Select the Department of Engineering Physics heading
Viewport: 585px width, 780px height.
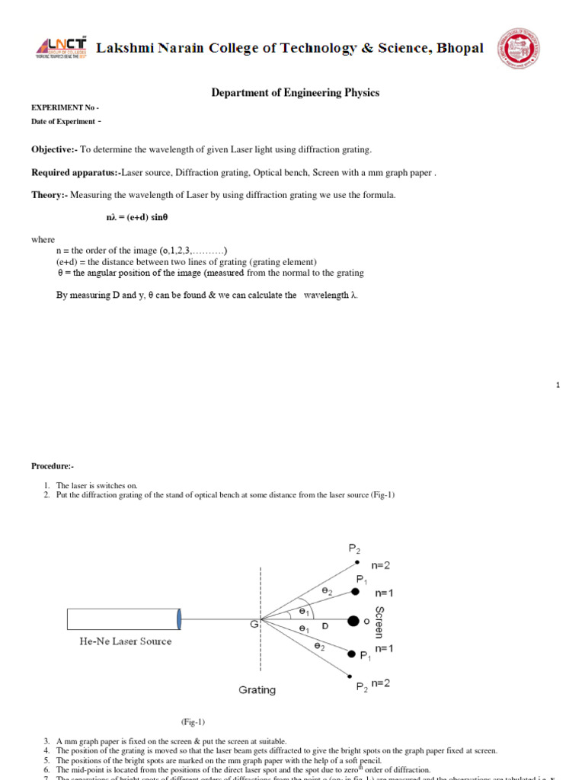[295, 93]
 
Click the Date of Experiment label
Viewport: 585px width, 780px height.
[64, 122]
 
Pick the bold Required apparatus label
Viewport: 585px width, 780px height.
[74, 172]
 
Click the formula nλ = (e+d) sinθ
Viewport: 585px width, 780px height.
[137, 217]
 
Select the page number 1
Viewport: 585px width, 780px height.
[558, 385]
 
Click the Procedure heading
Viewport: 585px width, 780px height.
[52, 465]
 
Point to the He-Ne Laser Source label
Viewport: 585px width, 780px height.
[126, 641]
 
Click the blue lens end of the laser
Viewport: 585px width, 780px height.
[180, 619]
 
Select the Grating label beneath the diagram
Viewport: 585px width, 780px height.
[257, 690]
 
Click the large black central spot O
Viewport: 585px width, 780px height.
[353, 622]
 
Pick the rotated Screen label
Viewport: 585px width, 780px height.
[379, 622]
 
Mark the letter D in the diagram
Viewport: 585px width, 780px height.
[324, 625]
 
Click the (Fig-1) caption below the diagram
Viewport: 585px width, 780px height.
[193, 721]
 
